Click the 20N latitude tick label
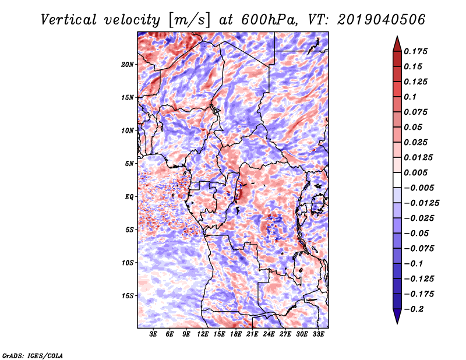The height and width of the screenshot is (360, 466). click(127, 65)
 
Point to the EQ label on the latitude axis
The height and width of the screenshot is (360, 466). click(129, 197)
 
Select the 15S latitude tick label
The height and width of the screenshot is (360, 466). click(127, 296)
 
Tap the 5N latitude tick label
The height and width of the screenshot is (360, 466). click(129, 164)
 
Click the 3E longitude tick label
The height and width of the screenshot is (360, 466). click(153, 334)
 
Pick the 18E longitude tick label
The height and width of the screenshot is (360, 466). click(236, 334)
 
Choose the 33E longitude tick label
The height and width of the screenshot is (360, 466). click(318, 334)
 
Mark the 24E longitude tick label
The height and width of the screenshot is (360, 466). click(269, 334)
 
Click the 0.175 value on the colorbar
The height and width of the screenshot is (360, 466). click(415, 51)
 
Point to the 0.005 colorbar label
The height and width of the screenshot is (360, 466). click(415, 172)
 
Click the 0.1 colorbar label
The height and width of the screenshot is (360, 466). click(411, 97)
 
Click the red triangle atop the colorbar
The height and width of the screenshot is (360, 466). click(397, 44)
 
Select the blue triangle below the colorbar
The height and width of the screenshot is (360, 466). click(397, 316)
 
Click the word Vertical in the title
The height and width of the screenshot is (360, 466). click(69, 20)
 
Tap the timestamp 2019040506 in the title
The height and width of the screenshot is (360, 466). click(382, 20)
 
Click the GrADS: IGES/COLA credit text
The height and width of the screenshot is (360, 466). click(33, 355)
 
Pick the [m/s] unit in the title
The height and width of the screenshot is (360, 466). click(189, 20)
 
